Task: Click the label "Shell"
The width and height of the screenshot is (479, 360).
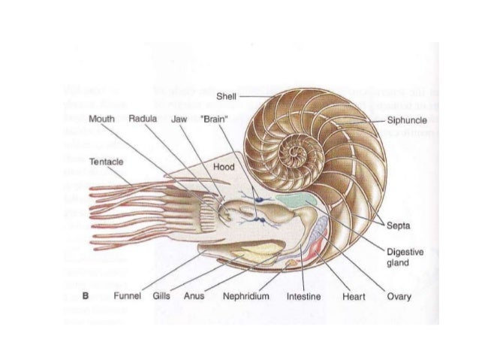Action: (x=225, y=95)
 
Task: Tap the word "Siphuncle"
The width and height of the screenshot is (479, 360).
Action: (x=408, y=119)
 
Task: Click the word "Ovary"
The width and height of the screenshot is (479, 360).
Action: (x=399, y=297)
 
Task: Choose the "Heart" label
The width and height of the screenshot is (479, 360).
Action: (x=352, y=297)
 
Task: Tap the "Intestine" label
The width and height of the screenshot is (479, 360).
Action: (x=303, y=297)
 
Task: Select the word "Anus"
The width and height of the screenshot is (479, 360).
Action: (x=194, y=297)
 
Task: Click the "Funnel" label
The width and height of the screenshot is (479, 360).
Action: (x=125, y=297)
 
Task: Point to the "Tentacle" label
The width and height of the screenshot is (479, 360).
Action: (x=106, y=162)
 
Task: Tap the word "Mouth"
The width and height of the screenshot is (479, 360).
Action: (x=101, y=119)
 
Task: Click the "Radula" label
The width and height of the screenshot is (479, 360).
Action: (x=142, y=119)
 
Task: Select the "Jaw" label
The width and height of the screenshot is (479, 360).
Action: (x=179, y=119)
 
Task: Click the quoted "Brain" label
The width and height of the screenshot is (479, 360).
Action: (x=214, y=119)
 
